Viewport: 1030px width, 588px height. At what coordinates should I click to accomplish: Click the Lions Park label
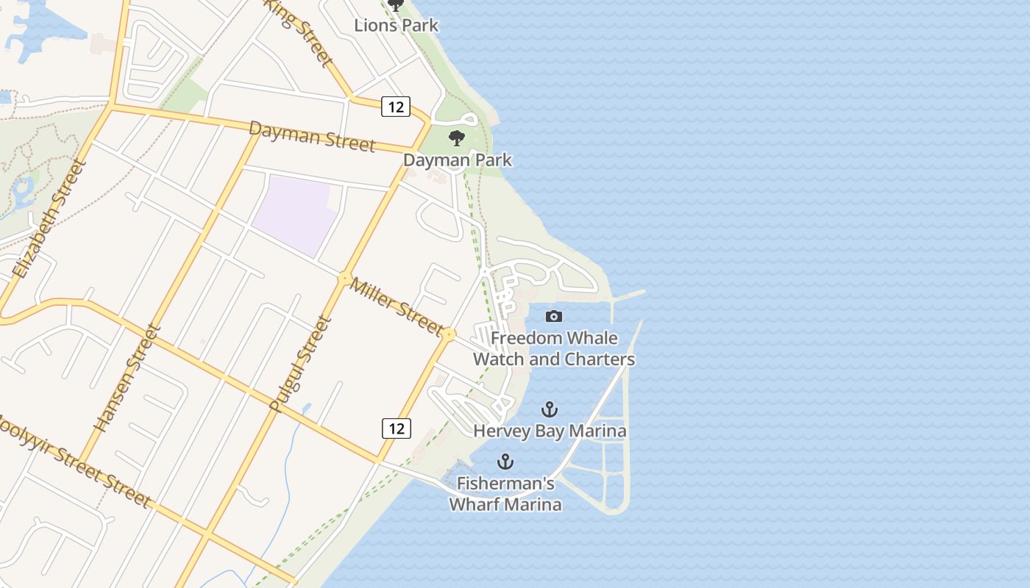pos(396,25)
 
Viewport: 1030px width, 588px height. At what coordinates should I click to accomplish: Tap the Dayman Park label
pos(457,159)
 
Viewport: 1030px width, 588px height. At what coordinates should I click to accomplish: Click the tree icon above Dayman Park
pos(457,137)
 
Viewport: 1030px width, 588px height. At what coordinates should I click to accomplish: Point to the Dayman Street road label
pos(312,136)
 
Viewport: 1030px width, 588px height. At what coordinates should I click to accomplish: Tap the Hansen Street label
pos(127,378)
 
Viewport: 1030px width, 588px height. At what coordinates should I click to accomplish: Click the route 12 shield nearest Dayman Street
pos(395,107)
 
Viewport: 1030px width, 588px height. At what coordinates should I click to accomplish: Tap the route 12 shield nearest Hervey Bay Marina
pos(396,428)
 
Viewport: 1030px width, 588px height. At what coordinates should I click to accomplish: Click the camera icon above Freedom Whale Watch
pos(554,316)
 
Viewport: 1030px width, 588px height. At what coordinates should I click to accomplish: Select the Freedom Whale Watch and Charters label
pos(554,349)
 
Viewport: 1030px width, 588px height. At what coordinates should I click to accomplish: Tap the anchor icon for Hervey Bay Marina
pos(550,409)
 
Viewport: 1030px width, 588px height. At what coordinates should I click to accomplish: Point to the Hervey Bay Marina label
pos(550,431)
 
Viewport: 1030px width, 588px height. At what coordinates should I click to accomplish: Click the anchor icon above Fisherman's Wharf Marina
pos(505,462)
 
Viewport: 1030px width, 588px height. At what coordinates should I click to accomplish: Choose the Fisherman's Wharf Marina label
pos(505,494)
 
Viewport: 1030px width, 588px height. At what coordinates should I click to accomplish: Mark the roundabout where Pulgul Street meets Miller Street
pos(344,279)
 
